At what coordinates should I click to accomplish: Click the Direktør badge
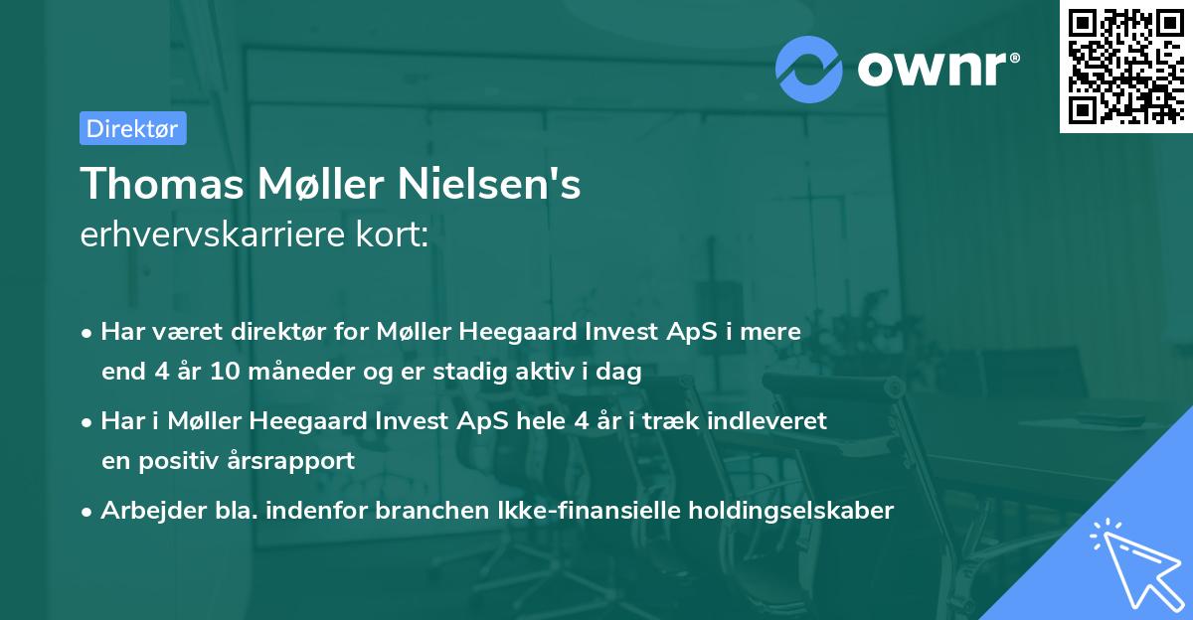(132, 127)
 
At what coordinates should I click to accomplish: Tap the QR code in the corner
(1124, 67)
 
